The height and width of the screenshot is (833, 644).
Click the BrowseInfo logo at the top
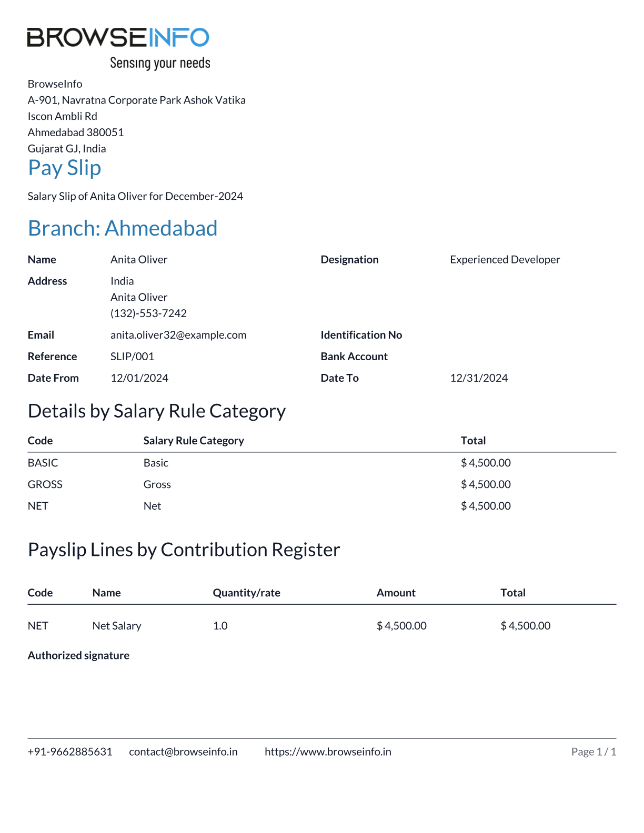[x=118, y=37]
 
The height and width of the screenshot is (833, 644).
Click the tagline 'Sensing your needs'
[x=160, y=64]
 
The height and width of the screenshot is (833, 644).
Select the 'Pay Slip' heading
[x=64, y=168]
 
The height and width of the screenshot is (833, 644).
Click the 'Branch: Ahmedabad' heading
[x=123, y=228]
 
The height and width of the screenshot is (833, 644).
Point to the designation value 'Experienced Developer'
[x=505, y=260]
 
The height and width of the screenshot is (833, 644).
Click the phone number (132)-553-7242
[x=148, y=313]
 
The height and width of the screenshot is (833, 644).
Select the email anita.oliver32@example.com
[x=178, y=335]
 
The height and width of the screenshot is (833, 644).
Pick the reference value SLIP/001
[x=132, y=357]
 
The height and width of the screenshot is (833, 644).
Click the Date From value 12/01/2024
[x=139, y=378]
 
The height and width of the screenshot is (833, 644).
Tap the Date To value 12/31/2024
[x=479, y=378]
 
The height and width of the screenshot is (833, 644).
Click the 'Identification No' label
[x=361, y=335]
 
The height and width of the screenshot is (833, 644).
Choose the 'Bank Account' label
[x=354, y=357]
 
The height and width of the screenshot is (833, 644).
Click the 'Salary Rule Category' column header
[x=194, y=441]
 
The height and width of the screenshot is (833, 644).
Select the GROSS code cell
[x=45, y=484]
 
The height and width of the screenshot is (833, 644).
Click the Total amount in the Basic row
[x=486, y=463]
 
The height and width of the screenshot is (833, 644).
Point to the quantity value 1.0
[x=220, y=626]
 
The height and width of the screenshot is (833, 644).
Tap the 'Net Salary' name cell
[x=117, y=626]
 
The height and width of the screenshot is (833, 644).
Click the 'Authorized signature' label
[x=78, y=655]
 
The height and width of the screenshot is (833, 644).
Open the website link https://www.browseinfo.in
[x=328, y=752]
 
